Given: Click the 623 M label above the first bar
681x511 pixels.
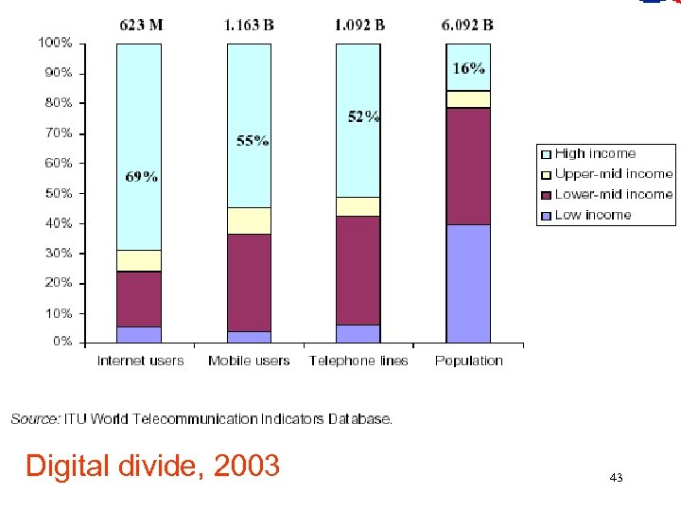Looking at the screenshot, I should pyautogui.click(x=139, y=26).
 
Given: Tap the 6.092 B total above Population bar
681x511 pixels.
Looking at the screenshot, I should pyautogui.click(x=468, y=26).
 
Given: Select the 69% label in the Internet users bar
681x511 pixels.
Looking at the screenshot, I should pyautogui.click(x=142, y=177).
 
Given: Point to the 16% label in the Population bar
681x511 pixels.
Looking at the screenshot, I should pyautogui.click(x=469, y=68).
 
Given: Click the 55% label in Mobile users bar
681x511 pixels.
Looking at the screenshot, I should pyautogui.click(x=253, y=142).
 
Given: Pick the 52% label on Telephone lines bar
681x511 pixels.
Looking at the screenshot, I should pyautogui.click(x=363, y=116).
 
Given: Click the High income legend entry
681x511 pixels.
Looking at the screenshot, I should pyautogui.click(x=595, y=153).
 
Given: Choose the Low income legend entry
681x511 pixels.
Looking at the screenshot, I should pyautogui.click(x=592, y=215).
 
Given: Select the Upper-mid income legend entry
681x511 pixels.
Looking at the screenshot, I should pyautogui.click(x=613, y=174).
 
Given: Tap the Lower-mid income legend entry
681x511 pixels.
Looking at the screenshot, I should pyautogui.click(x=614, y=194).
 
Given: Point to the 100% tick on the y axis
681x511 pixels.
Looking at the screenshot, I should pyautogui.click(x=54, y=43).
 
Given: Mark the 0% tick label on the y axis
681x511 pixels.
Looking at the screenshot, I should pyautogui.click(x=61, y=342).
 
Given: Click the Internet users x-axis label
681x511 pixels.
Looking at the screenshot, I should pyautogui.click(x=140, y=361).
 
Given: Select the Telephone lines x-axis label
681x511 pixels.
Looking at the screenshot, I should pyautogui.click(x=358, y=361).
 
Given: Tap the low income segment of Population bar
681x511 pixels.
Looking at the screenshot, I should pyautogui.click(x=468, y=283).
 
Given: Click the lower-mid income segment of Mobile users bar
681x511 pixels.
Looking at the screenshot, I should pyautogui.click(x=249, y=282).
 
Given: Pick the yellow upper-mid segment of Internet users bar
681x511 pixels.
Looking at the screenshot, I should pyautogui.click(x=139, y=260).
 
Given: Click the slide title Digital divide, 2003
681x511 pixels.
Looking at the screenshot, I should pyautogui.click(x=152, y=466).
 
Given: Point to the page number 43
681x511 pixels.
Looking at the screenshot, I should pyautogui.click(x=617, y=479).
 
